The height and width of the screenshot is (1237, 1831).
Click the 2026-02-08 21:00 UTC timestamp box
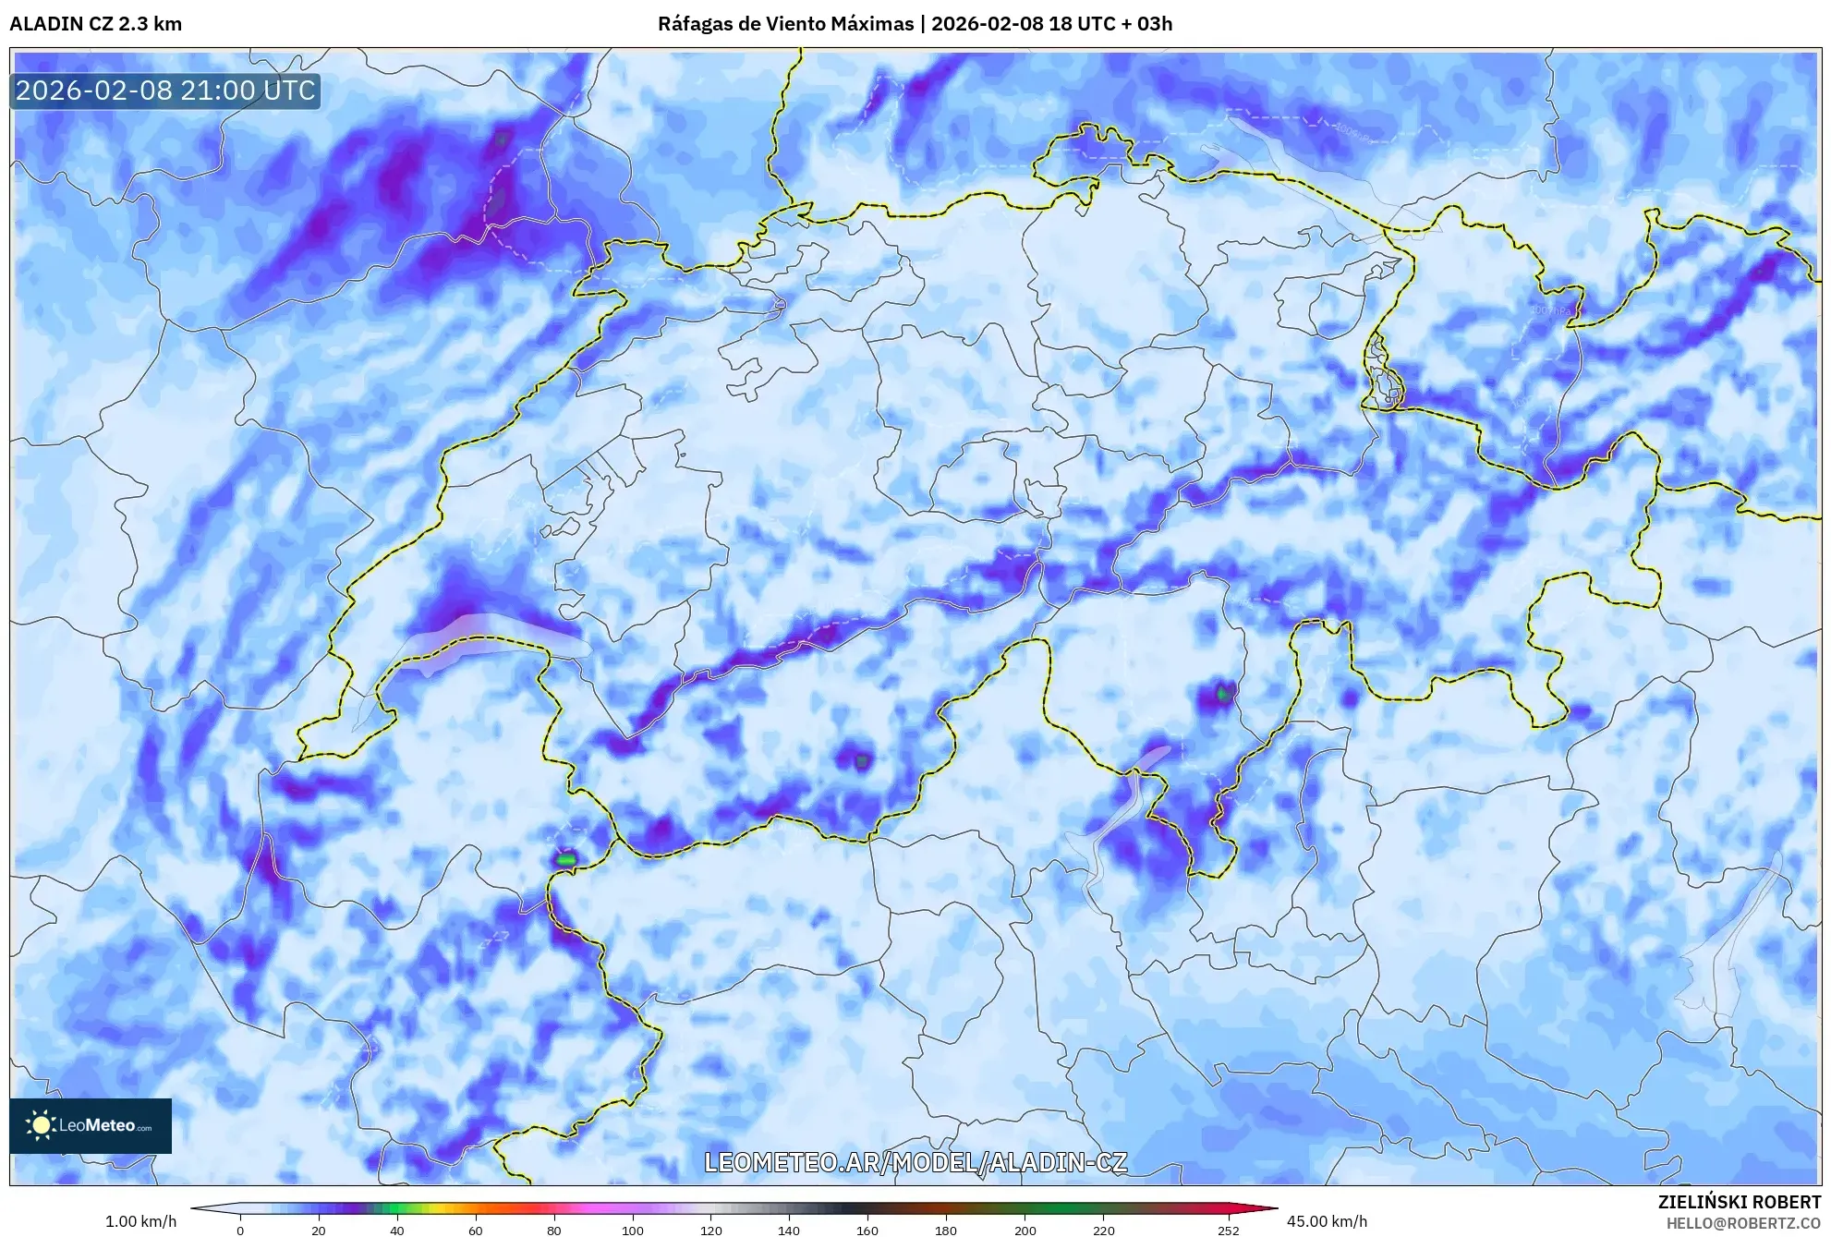pyautogui.click(x=165, y=91)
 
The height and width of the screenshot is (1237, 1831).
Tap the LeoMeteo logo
pyautogui.click(x=91, y=1125)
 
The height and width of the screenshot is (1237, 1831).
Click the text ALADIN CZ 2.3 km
pyautogui.click(x=96, y=24)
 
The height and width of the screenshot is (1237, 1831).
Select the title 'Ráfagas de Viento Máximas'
pyautogui.click(x=785, y=24)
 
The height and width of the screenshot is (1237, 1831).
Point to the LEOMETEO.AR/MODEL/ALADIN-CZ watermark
pyautogui.click(x=915, y=1162)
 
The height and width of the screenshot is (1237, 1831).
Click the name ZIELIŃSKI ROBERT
pyautogui.click(x=1739, y=1202)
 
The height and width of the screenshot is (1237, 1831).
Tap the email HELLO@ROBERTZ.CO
pyautogui.click(x=1742, y=1223)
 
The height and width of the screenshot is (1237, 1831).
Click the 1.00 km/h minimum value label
pyautogui.click(x=140, y=1221)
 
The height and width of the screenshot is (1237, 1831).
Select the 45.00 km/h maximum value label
pyautogui.click(x=1327, y=1221)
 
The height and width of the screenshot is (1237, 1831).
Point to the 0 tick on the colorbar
pyautogui.click(x=240, y=1230)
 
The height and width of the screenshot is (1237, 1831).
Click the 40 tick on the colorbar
pyautogui.click(x=397, y=1230)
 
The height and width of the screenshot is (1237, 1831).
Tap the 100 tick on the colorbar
pyautogui.click(x=633, y=1230)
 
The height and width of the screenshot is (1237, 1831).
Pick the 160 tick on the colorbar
pyautogui.click(x=867, y=1230)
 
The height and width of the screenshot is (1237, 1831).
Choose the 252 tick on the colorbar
pyautogui.click(x=1228, y=1230)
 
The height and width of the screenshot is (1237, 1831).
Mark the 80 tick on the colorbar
pyautogui.click(x=554, y=1230)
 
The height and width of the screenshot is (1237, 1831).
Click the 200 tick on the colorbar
pyautogui.click(x=1025, y=1230)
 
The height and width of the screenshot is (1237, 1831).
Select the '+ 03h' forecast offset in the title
pyautogui.click(x=1146, y=24)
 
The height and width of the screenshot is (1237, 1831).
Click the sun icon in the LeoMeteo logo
pyautogui.click(x=41, y=1125)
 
